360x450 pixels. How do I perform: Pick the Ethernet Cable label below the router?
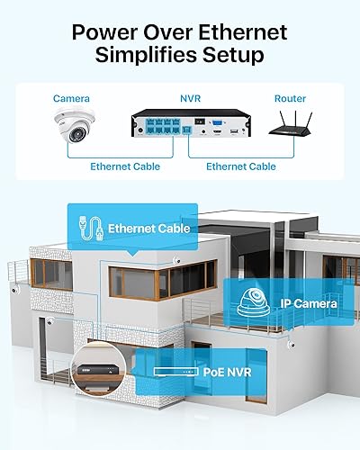(241, 166)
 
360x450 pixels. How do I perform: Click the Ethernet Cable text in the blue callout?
(148, 229)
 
